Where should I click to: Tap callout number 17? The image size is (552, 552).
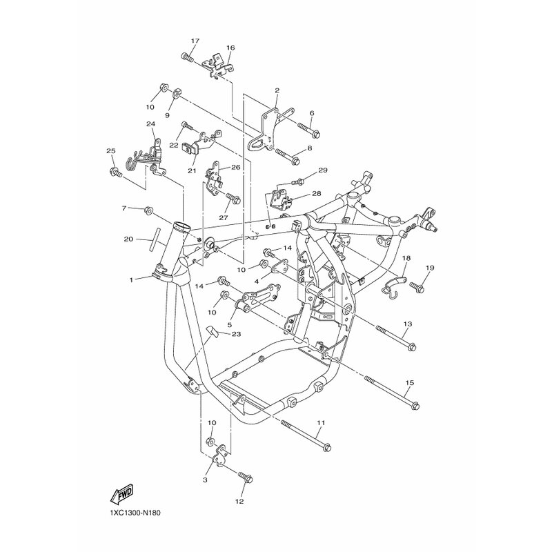click(x=195, y=41)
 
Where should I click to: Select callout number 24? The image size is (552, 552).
click(x=150, y=124)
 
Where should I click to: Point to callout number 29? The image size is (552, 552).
click(x=323, y=170)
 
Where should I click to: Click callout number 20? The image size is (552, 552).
click(x=128, y=239)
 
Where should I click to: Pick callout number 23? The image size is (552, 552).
click(x=236, y=334)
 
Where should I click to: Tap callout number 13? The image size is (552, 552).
click(x=408, y=324)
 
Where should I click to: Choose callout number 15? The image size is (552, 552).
click(x=410, y=383)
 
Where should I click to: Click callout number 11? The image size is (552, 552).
click(x=321, y=422)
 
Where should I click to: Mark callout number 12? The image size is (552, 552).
click(x=239, y=502)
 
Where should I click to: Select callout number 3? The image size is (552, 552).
click(x=205, y=480)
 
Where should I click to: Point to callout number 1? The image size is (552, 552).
click(x=131, y=280)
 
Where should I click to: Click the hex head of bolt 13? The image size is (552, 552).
click(x=413, y=347)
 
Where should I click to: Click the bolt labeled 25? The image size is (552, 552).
click(x=116, y=172)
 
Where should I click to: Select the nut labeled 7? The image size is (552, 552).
click(x=148, y=210)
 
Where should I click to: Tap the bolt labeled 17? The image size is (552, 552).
click(x=187, y=57)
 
